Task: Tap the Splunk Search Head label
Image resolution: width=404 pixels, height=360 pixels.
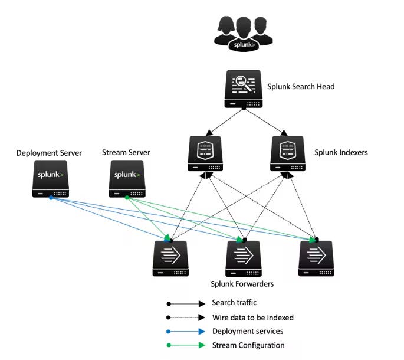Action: tap(301, 87)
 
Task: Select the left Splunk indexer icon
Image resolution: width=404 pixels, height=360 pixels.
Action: tap(205, 153)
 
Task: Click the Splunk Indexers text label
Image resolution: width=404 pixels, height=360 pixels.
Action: tap(341, 153)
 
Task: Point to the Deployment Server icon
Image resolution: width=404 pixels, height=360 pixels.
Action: tap(50, 179)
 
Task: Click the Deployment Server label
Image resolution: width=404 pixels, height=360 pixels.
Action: tap(49, 153)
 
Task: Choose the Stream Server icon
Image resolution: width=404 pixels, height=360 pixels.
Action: tap(127, 179)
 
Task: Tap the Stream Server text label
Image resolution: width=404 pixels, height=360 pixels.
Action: tap(126, 153)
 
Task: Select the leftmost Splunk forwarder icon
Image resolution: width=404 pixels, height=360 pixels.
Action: tap(170, 258)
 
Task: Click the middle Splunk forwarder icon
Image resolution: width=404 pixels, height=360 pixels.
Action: tap(244, 258)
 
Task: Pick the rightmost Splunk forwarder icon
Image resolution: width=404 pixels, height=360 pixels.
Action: tap(316, 258)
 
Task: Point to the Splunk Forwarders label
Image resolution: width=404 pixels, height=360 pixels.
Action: tap(242, 284)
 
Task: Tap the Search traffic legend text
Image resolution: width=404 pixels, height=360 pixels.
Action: tap(234, 303)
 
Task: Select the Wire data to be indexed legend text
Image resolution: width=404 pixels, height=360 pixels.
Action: tap(253, 318)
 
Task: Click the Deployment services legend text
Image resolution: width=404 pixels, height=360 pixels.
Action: tap(248, 332)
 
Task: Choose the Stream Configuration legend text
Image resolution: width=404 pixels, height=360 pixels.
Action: tap(248, 346)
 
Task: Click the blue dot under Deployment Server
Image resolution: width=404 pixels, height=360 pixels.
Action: tap(51, 198)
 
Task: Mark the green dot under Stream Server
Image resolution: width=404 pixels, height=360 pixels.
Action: tap(127, 198)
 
